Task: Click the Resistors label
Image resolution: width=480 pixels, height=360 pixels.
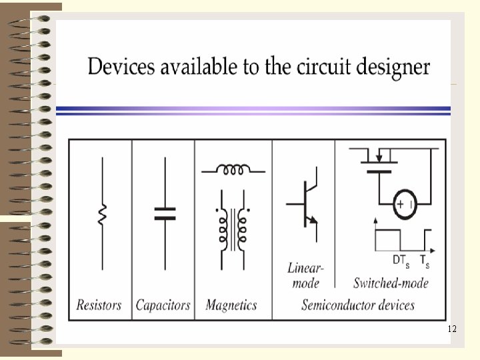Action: (99, 305)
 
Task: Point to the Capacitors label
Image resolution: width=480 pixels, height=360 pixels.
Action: (163, 305)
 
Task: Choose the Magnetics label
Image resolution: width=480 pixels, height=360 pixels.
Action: (231, 305)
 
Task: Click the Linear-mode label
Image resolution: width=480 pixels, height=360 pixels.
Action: (306, 275)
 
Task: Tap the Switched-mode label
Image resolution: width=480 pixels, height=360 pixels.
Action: (391, 283)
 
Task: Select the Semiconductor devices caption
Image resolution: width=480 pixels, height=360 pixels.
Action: (358, 305)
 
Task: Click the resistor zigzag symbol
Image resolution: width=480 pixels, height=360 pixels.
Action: (102, 215)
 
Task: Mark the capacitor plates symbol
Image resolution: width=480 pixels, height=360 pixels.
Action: (164, 213)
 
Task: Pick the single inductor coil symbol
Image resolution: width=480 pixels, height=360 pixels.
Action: (233, 169)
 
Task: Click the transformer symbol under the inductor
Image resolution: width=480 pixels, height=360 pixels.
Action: (231, 227)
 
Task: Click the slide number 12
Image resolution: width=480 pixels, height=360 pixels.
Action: (452, 329)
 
